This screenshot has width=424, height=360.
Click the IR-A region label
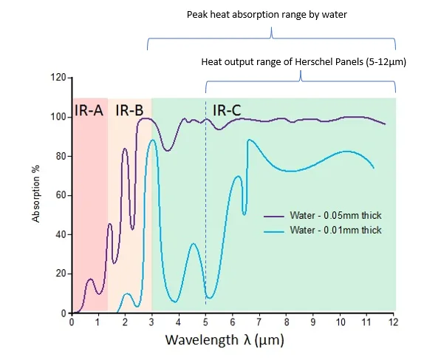point(90,111)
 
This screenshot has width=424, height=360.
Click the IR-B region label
point(129,111)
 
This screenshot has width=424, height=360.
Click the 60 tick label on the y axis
point(61,195)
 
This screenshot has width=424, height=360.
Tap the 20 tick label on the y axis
point(61,274)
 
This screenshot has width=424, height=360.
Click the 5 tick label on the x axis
point(206,322)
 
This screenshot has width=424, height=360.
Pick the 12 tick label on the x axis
point(395,322)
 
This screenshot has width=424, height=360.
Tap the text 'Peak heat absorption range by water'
point(273,14)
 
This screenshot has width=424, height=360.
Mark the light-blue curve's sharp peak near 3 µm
point(152,140)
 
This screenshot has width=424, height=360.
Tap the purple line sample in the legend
point(277,216)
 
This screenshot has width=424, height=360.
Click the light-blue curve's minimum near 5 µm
point(210,298)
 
